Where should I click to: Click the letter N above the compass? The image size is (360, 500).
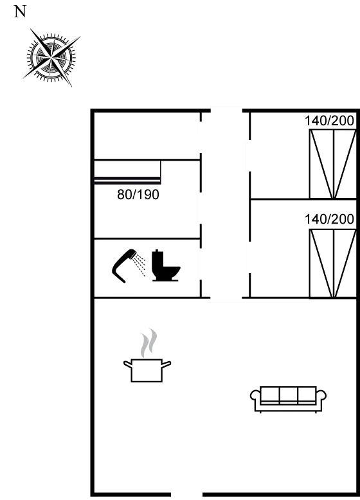click(20, 12)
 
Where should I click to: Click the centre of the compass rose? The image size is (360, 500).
click(51, 58)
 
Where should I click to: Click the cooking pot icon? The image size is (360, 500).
click(147, 370)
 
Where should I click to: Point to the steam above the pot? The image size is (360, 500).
click(149, 343)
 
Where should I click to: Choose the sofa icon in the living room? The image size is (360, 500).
click(288, 400)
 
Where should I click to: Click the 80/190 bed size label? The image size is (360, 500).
click(138, 195)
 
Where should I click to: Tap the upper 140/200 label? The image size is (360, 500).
click(329, 121)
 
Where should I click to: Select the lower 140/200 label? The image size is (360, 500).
click(329, 219)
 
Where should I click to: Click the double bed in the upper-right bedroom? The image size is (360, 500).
click(332, 164)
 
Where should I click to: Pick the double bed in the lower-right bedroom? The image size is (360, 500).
click(332, 263)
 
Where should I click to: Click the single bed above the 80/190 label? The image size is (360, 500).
click(127, 172)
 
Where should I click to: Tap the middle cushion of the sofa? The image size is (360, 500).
click(289, 395)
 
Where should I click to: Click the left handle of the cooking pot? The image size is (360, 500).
click(127, 364)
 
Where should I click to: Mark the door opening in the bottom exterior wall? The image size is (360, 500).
click(186, 495)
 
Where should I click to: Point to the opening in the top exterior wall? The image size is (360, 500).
click(226, 111)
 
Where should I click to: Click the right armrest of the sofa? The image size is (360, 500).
click(321, 395)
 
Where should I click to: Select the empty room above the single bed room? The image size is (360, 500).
click(147, 136)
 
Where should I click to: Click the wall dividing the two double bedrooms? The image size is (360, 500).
click(303, 199)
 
